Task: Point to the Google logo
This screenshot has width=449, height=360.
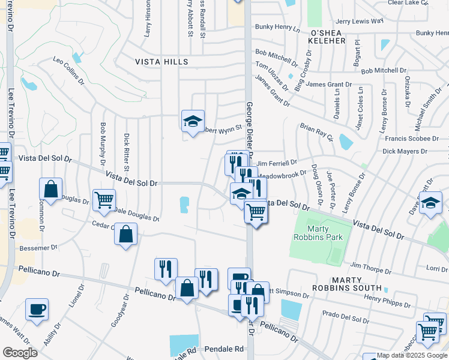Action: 20,353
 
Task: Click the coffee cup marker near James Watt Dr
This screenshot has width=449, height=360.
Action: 37,310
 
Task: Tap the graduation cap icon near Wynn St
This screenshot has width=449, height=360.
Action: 193,122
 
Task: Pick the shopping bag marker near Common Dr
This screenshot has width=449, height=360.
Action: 51,190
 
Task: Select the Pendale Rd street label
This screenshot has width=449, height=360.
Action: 224,349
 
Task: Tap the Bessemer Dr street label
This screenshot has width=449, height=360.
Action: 37,247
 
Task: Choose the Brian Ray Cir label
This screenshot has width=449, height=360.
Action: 316,133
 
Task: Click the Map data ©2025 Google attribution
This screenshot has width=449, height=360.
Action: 411,355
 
